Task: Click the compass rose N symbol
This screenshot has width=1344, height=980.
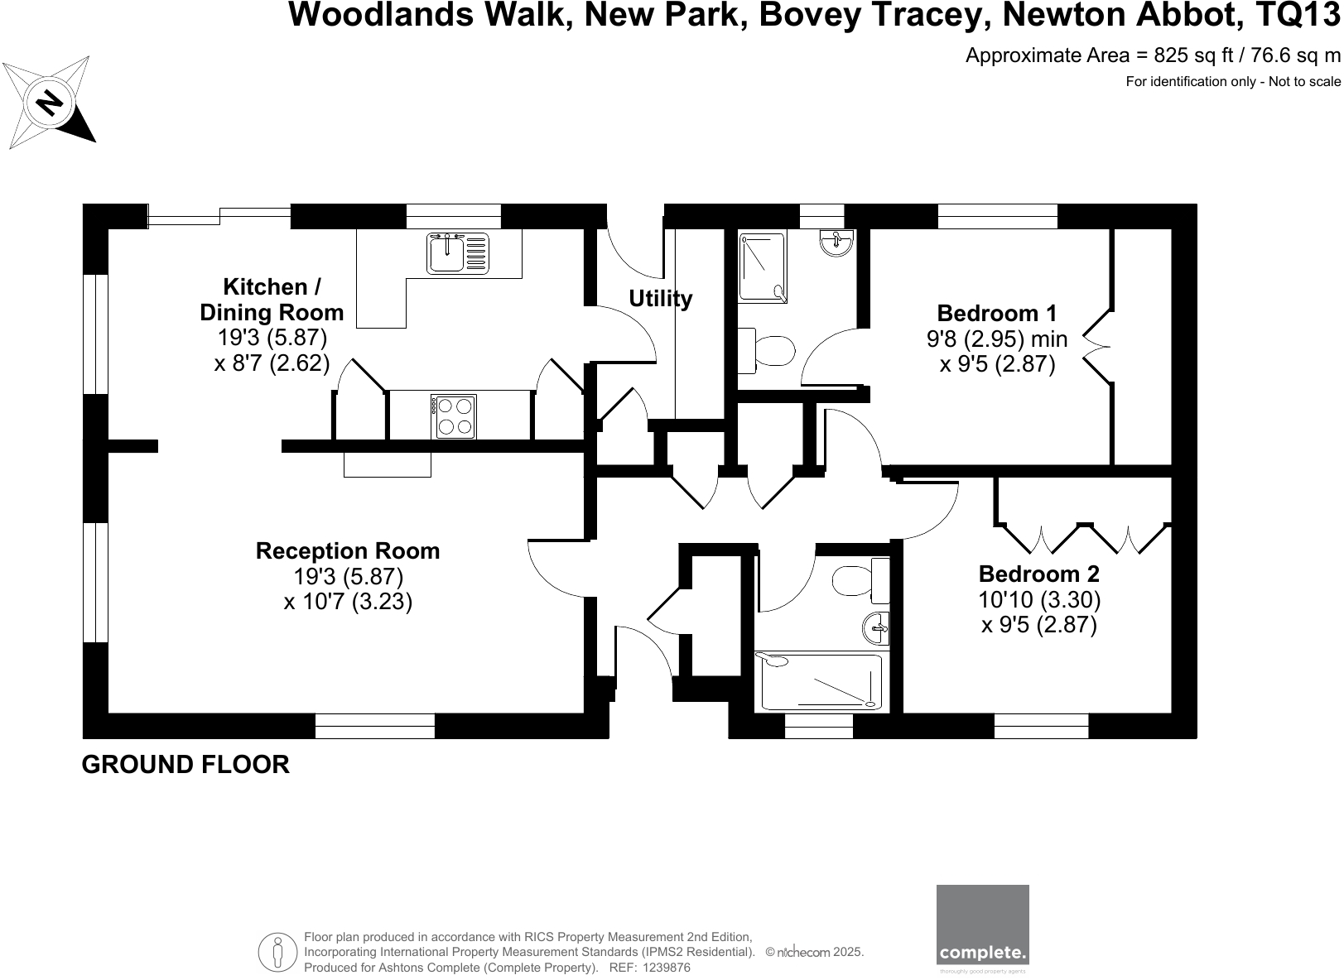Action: tap(50, 102)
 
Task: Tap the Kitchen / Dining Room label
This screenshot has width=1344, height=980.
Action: tap(272, 300)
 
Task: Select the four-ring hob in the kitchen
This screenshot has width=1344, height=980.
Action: tap(454, 416)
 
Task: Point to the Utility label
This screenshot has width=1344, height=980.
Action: tap(660, 298)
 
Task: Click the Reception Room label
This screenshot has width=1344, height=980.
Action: tap(348, 551)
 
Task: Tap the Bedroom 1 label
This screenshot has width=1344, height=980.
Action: tap(996, 314)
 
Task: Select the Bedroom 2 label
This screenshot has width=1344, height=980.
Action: tap(1038, 574)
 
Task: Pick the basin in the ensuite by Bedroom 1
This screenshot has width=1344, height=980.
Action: tap(836, 243)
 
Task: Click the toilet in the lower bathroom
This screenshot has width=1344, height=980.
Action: tap(857, 581)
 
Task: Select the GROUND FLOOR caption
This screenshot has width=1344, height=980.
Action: tap(185, 764)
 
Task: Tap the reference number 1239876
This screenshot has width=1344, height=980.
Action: tap(666, 968)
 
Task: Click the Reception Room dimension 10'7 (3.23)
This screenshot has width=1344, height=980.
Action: tap(348, 602)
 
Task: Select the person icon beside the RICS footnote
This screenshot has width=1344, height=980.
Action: tap(278, 952)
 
